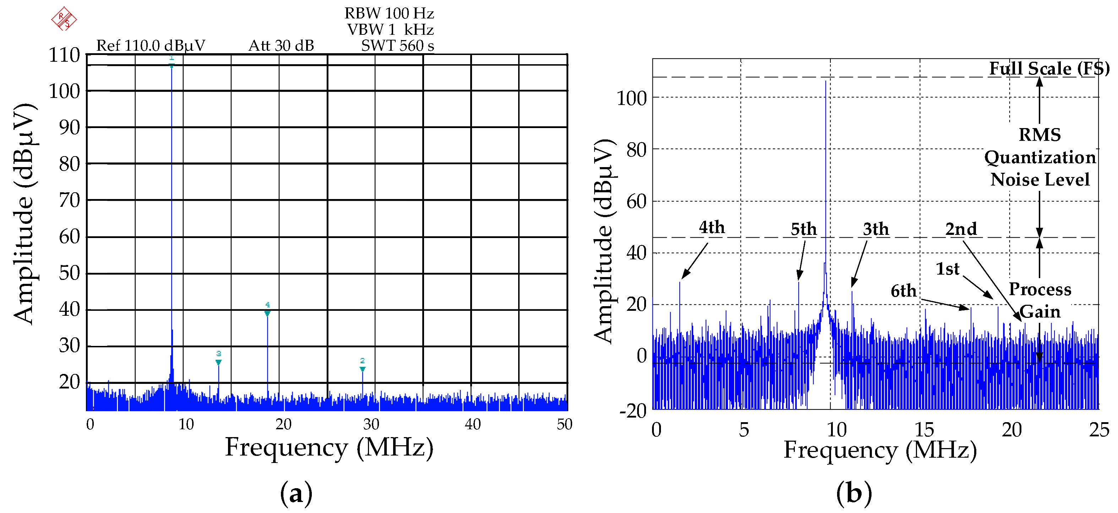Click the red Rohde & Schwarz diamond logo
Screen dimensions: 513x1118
(64, 19)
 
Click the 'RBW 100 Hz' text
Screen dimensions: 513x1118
(389, 13)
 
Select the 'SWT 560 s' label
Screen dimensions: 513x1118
(397, 45)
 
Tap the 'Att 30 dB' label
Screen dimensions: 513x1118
(281, 45)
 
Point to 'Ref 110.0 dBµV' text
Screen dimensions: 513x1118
(151, 45)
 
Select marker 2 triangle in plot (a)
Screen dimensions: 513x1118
(362, 369)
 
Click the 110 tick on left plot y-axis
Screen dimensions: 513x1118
(64, 55)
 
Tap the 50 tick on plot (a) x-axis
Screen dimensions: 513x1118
(564, 424)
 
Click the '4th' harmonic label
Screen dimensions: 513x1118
(712, 227)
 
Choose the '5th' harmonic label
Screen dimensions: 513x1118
(803, 229)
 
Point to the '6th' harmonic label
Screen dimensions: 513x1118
(903, 291)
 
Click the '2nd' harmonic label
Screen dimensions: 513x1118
(961, 229)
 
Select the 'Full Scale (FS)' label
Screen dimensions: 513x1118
(1049, 68)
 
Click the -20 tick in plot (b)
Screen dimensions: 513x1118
(633, 410)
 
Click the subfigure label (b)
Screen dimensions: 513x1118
(854, 493)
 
